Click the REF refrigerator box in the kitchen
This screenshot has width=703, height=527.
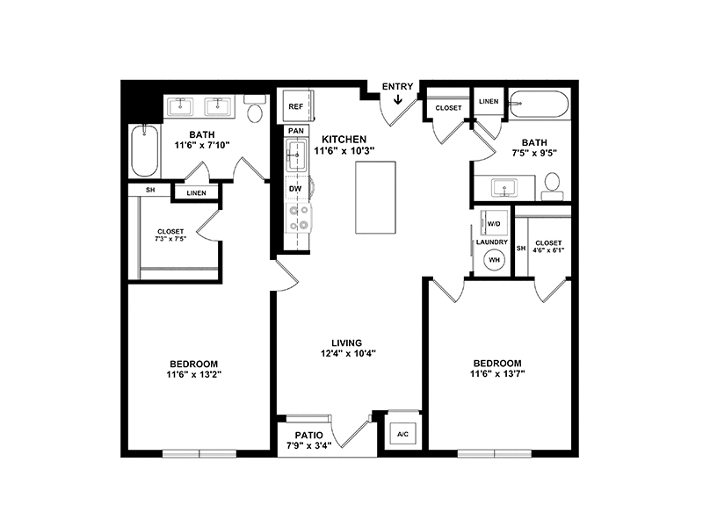tap(297, 106)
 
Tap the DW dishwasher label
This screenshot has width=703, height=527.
tap(295, 189)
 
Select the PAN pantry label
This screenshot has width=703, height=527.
tap(296, 131)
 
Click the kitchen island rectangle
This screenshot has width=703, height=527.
tap(376, 197)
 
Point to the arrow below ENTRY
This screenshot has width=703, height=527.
tap(398, 98)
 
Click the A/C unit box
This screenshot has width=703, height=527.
tap(403, 434)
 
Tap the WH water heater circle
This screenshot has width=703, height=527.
tap(494, 260)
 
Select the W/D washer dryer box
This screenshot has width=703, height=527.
tap(494, 223)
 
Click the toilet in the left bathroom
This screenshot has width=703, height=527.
tap(255, 109)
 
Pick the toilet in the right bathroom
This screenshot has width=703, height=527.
tap(552, 187)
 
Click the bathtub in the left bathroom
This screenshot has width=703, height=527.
tap(144, 150)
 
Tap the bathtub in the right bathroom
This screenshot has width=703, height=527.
tap(540, 105)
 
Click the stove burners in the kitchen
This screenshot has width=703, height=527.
tap(299, 218)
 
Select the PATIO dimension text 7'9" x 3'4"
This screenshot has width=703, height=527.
tap(309, 445)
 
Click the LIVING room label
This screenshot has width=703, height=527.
tap(346, 343)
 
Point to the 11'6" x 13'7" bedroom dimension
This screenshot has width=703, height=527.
tap(497, 374)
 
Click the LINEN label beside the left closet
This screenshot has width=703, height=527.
tap(196, 193)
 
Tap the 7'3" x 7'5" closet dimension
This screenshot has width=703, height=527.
tap(170, 239)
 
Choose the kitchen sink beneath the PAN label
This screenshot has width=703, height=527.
tap(296, 155)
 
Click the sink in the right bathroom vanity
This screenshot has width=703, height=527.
tap(504, 188)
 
